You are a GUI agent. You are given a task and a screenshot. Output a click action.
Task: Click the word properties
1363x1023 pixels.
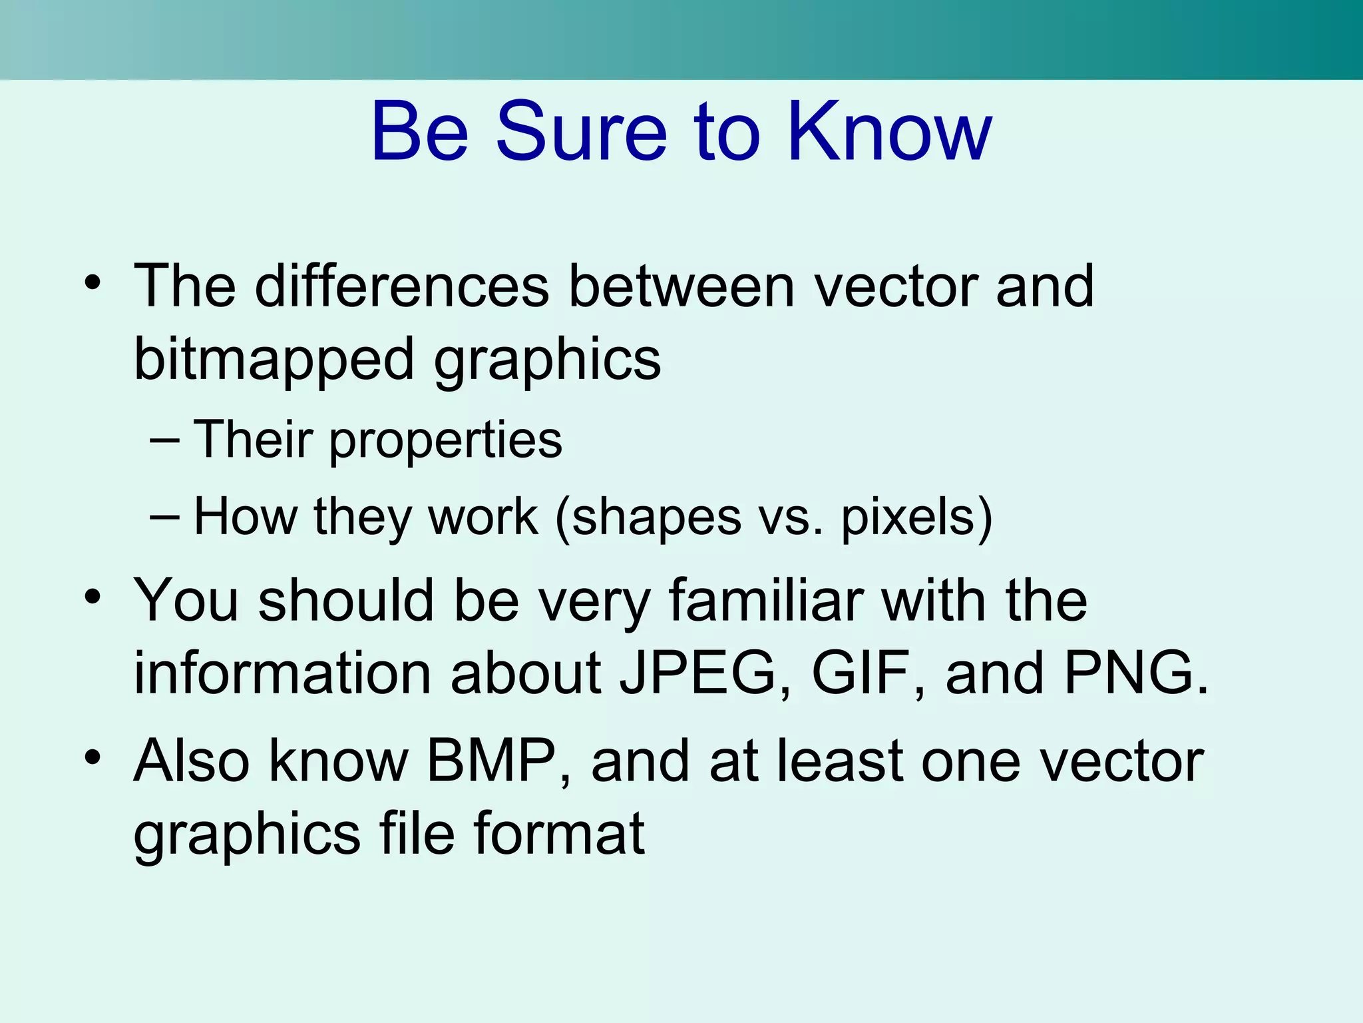445,441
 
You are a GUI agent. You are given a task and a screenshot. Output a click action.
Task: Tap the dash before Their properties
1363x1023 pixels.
165,440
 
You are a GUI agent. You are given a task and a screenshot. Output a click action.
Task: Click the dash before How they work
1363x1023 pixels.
165,517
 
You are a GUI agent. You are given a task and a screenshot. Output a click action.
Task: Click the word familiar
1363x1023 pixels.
765,601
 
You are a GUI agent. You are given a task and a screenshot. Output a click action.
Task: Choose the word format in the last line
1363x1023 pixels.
558,834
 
